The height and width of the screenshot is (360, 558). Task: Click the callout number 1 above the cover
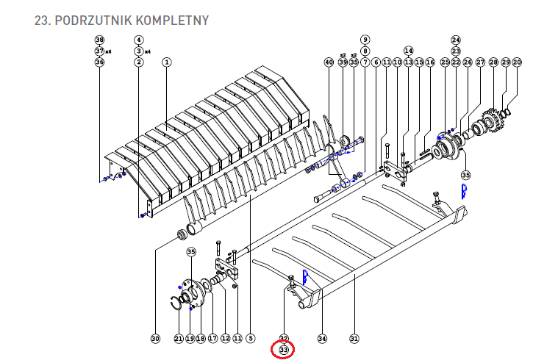[167, 63]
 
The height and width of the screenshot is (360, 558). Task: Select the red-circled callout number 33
[283, 350]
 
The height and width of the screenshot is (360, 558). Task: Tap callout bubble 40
[329, 63]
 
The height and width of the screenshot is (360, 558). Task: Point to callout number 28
[493, 63]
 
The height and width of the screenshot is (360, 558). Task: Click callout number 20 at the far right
[517, 63]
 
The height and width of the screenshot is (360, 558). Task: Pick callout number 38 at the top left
[100, 40]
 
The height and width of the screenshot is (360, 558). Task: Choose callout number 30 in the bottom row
[154, 339]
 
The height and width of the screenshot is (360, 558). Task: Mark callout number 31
[354, 339]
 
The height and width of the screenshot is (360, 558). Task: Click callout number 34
[321, 339]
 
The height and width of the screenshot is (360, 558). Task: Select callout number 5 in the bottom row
[251, 339]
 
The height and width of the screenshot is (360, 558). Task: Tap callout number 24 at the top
[455, 40]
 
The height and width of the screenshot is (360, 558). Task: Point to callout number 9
[365, 40]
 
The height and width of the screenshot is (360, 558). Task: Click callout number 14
[409, 51]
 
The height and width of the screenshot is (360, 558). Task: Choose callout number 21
[179, 339]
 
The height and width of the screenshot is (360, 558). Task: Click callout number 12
[225, 339]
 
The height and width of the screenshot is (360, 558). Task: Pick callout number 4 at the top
[139, 40]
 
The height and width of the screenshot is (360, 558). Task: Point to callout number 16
[431, 63]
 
